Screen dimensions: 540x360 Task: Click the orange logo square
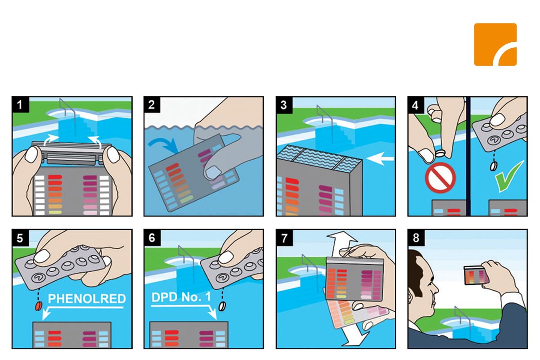pos(495,45)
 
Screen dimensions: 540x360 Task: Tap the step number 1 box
pos(20,105)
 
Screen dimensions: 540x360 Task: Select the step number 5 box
pos(20,238)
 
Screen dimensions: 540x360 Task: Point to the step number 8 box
pos(416,238)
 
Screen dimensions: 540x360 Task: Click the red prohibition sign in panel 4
pos(440,178)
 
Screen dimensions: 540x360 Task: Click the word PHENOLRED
pos(87,298)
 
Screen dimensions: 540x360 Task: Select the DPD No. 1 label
pos(181,297)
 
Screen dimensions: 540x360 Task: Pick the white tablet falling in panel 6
pos(222,306)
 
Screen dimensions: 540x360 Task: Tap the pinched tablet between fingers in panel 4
pos(441,153)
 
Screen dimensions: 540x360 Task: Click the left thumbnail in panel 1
pos(32,154)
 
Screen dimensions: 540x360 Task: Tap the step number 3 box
pos(284,105)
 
